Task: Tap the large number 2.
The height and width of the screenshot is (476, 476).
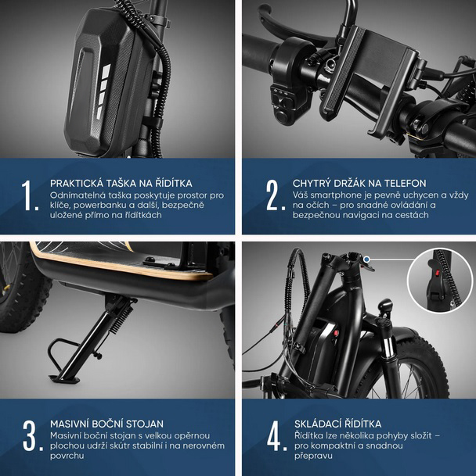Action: click(x=276, y=195)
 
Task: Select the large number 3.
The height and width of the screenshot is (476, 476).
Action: click(x=32, y=435)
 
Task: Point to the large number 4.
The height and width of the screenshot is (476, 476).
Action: click(x=277, y=435)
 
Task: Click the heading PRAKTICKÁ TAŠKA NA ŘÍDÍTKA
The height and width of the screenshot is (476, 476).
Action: click(x=121, y=184)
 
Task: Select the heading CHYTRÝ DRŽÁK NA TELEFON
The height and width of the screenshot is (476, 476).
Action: click(x=359, y=184)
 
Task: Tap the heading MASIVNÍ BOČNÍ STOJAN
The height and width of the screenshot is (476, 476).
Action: click(x=106, y=424)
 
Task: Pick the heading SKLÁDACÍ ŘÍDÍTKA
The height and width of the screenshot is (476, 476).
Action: click(x=337, y=424)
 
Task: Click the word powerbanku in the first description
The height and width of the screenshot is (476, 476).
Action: click(x=97, y=206)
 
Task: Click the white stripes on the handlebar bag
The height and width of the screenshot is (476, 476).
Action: click(x=103, y=91)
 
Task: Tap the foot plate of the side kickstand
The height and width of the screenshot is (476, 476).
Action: click(x=64, y=378)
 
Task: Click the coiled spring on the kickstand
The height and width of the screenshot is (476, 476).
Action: click(x=123, y=318)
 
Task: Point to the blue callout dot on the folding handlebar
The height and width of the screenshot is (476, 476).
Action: click(x=367, y=259)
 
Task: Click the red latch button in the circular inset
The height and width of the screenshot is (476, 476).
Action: click(x=438, y=273)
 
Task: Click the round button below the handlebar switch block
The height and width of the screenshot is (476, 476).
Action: click(x=283, y=116)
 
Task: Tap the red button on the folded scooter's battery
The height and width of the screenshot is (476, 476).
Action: click(x=336, y=333)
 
